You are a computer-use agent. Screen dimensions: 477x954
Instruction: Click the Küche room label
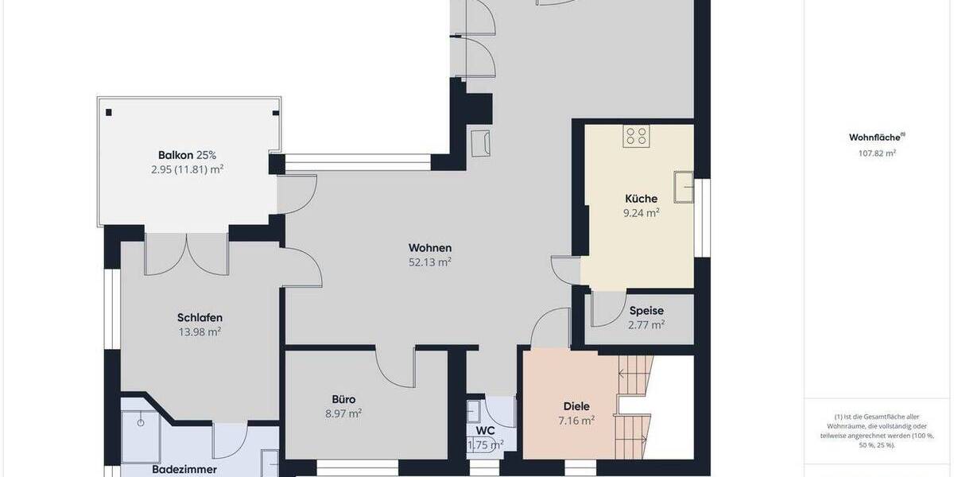click(x=640, y=198)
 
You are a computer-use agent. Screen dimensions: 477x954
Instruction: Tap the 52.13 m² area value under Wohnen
click(x=430, y=262)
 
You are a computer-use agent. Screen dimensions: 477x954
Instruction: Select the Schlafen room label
click(x=199, y=318)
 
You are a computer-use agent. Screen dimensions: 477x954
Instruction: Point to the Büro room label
click(x=343, y=399)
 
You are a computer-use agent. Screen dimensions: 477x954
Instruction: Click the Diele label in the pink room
click(x=576, y=405)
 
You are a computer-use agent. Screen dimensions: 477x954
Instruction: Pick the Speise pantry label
click(x=646, y=311)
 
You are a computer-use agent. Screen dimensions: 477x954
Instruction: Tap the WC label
click(x=485, y=431)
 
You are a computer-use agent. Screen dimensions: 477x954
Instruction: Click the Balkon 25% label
click(x=187, y=155)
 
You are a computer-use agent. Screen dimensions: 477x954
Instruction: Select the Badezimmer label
click(x=184, y=470)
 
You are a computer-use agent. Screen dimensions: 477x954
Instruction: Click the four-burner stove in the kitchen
click(x=636, y=136)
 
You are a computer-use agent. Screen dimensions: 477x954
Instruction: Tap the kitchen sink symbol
click(x=683, y=186)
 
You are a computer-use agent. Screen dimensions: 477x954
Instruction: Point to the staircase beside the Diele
click(x=634, y=405)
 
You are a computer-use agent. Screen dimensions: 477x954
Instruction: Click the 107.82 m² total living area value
click(x=872, y=153)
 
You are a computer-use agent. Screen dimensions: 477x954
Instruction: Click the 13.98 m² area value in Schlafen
click(x=200, y=332)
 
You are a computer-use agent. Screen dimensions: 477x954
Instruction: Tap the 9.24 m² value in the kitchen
click(x=641, y=212)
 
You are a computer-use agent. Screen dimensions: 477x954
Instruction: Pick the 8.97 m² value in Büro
click(x=343, y=413)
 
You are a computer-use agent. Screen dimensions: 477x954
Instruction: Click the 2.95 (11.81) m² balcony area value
click(x=187, y=169)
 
